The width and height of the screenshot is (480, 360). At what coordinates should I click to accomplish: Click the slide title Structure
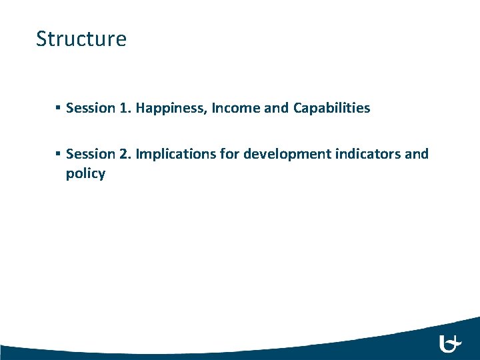tap(81, 39)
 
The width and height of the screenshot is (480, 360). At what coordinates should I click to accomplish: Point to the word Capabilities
tap(331, 108)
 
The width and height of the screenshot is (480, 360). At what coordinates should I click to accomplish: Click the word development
tap(288, 154)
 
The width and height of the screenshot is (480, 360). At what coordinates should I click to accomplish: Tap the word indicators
tap(370, 154)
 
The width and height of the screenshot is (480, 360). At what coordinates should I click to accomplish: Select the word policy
tap(85, 174)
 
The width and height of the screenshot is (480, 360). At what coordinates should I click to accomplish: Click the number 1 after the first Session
tap(124, 108)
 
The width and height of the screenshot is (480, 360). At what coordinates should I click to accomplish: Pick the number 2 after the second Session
tap(124, 154)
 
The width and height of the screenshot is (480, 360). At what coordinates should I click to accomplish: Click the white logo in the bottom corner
tap(451, 344)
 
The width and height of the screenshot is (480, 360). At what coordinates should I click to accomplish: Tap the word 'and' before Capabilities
tap(276, 108)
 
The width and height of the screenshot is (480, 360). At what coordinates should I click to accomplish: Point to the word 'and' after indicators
tap(417, 154)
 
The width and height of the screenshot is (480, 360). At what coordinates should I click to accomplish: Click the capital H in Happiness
tap(141, 108)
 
